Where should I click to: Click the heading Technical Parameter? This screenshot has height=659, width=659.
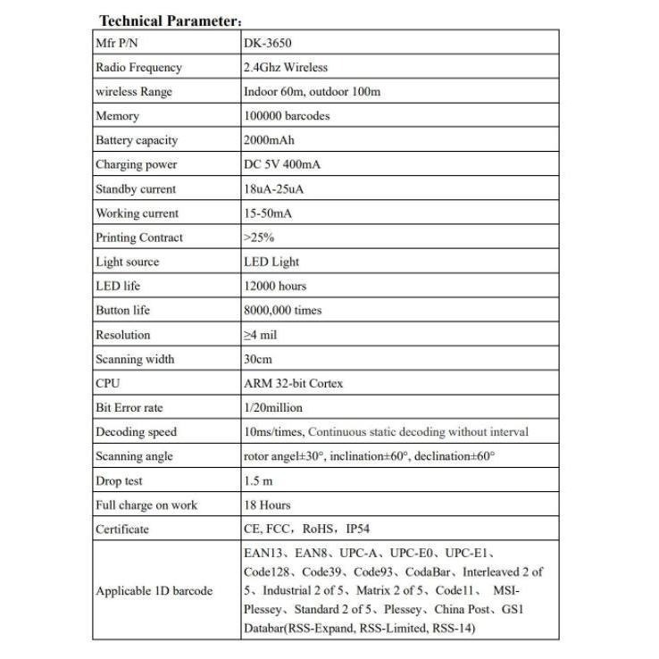click(x=171, y=21)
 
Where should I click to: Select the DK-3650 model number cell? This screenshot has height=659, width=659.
click(x=268, y=43)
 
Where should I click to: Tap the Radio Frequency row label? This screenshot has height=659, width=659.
click(x=138, y=67)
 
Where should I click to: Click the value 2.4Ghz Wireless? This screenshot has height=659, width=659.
click(x=286, y=67)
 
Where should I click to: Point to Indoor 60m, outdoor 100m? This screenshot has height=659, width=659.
click(x=312, y=91)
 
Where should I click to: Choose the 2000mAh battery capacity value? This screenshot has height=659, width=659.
click(x=269, y=140)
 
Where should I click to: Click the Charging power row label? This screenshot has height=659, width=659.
click(x=137, y=164)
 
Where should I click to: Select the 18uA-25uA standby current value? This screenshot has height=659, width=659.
click(x=272, y=188)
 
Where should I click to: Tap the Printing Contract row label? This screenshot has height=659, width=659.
click(x=139, y=238)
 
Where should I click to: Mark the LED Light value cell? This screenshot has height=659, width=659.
click(x=271, y=262)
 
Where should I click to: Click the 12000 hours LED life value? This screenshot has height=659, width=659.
click(x=275, y=286)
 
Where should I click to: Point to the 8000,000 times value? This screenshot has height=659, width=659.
click(x=283, y=310)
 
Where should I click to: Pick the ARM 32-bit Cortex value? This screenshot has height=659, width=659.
click(x=293, y=383)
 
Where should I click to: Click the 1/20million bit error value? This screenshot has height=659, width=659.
click(x=273, y=407)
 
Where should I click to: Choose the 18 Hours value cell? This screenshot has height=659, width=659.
click(x=267, y=505)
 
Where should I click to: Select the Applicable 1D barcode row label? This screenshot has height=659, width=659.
click(x=154, y=591)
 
